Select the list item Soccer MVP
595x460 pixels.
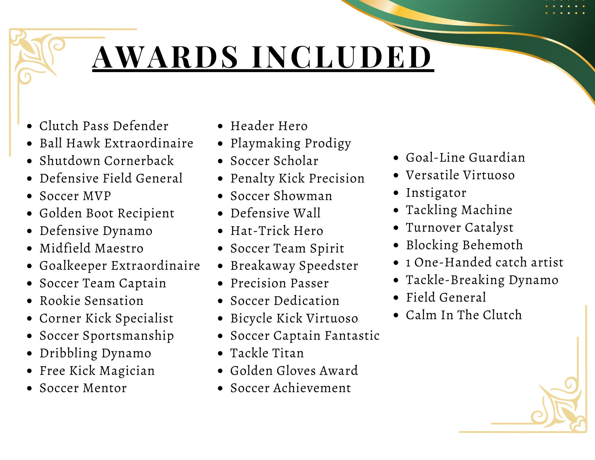coord(75,196)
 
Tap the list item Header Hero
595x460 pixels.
coord(269,126)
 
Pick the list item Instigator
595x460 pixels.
coord(436,193)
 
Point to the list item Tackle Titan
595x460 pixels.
coord(267,353)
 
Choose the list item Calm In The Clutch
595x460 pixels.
coord(464,315)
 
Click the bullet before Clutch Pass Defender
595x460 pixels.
coord(29,126)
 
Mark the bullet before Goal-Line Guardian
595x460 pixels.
coord(396,158)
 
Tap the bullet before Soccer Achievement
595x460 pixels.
coord(220,388)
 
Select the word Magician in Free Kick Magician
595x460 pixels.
coord(127,371)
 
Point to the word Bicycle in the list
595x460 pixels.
coord(251,318)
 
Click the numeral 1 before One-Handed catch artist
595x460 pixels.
coord(408,263)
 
